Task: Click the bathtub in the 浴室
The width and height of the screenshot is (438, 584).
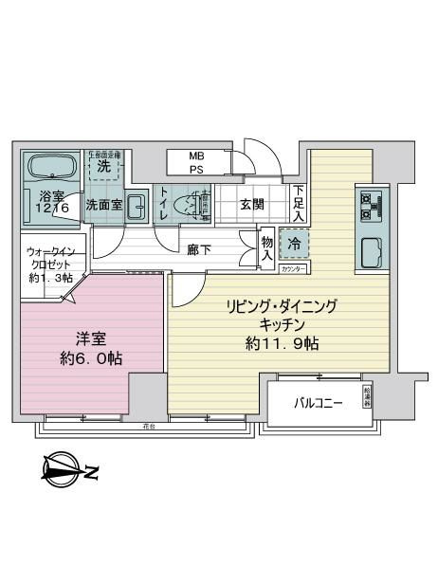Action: point(53,168)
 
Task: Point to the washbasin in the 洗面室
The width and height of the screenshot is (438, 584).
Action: point(136,204)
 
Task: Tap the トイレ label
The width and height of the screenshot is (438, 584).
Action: point(165,204)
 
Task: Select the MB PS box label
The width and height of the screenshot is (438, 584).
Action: point(196,163)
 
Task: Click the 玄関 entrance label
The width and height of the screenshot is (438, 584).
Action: point(252,203)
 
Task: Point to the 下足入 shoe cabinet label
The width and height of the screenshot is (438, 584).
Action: point(298,203)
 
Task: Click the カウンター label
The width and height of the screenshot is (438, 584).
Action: point(294,270)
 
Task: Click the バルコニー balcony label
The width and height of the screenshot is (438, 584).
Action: point(316,403)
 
